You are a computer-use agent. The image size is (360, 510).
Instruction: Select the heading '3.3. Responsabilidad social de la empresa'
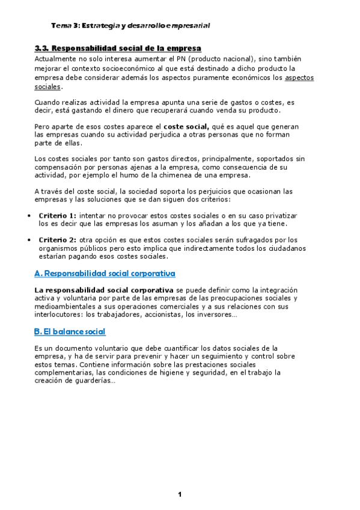[118, 48]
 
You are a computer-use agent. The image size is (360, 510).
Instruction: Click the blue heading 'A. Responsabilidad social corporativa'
[105, 274]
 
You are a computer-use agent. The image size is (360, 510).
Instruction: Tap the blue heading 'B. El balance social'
[70, 331]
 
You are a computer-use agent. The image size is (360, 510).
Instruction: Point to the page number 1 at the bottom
[179, 494]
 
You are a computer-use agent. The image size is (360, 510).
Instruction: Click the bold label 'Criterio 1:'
[58, 215]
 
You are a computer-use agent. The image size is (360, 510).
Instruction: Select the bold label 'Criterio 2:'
[58, 240]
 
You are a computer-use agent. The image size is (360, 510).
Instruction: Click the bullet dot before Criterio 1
[30, 216]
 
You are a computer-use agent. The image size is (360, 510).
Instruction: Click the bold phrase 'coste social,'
[186, 127]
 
